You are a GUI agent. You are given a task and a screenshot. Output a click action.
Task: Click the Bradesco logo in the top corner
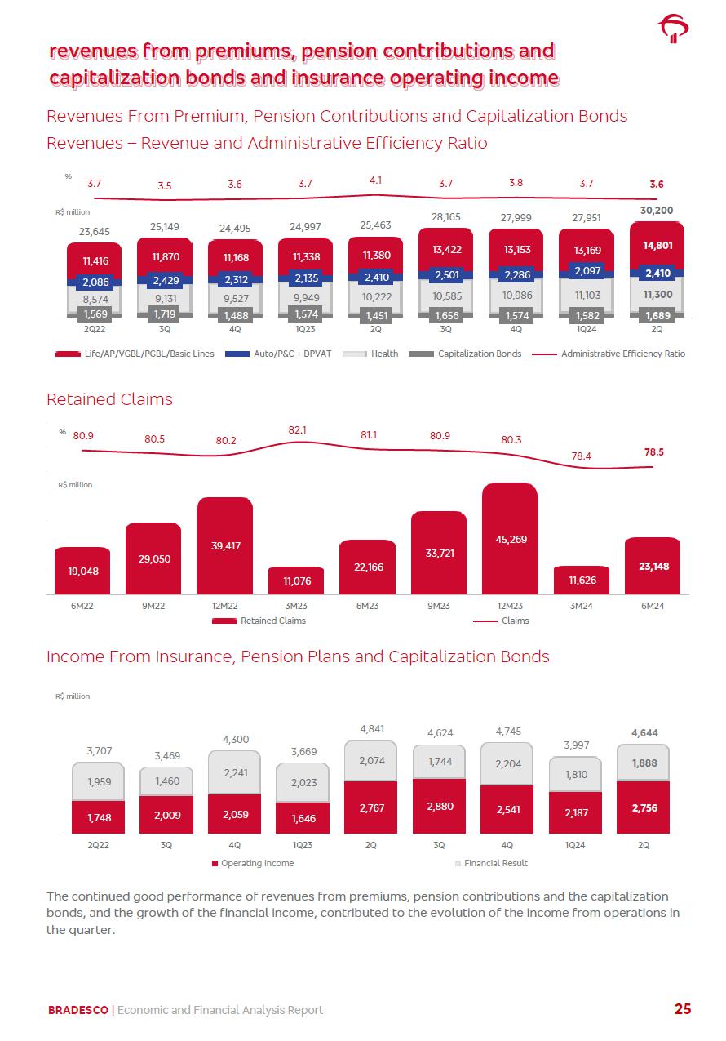pyautogui.click(x=675, y=29)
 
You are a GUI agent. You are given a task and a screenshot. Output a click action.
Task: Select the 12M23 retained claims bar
pyautogui.click(x=510, y=539)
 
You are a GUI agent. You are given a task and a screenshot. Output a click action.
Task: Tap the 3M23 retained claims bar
pyautogui.click(x=296, y=581)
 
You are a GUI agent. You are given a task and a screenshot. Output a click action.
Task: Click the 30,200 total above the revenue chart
pyautogui.click(x=657, y=210)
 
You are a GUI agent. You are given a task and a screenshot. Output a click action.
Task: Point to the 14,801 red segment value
pyautogui.click(x=657, y=245)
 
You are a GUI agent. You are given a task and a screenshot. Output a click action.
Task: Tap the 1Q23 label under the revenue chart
pyautogui.click(x=305, y=330)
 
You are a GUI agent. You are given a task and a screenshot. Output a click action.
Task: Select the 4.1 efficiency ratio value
pyautogui.click(x=376, y=179)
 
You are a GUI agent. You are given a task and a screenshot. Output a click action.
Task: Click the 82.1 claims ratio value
pyautogui.click(x=298, y=429)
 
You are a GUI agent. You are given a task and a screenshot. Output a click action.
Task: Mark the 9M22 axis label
pyautogui.click(x=153, y=607)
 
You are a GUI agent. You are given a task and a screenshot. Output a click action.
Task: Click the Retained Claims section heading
pyautogui.click(x=109, y=399)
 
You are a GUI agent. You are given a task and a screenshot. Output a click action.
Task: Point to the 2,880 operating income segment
pyautogui.click(x=439, y=806)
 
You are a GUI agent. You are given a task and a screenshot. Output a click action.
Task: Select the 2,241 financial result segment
pyautogui.click(x=235, y=772)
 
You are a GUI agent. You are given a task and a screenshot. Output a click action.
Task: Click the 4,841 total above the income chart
pyautogui.click(x=371, y=728)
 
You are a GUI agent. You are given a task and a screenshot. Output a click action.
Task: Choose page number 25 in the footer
pyautogui.click(x=682, y=1009)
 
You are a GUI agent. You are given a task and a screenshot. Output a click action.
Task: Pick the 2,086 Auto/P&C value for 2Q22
pyautogui.click(x=95, y=282)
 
